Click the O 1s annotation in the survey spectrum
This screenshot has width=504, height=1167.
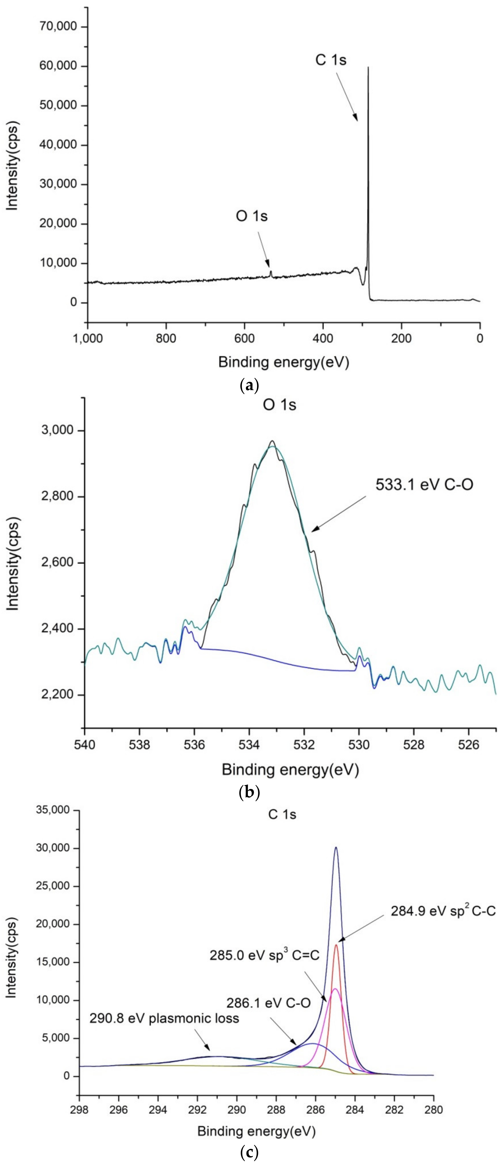pos(251,216)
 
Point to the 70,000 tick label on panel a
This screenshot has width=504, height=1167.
pos(58,27)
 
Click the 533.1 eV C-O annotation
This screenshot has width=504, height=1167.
pos(424,485)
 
